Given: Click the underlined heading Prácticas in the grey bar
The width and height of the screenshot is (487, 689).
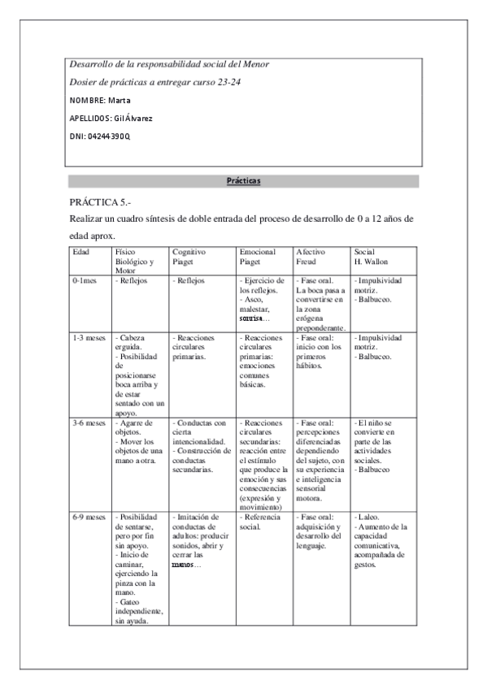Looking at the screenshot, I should coord(243,181).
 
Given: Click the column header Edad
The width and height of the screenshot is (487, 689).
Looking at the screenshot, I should coord(81,253).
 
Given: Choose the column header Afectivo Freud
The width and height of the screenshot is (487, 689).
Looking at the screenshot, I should coord(310,258).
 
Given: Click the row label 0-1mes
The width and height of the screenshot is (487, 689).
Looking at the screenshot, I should coord(86,281).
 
